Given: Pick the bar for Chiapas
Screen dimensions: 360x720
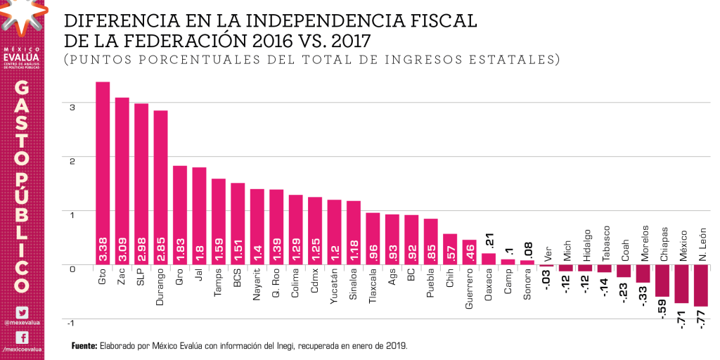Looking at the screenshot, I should pyautogui.click(x=662, y=281).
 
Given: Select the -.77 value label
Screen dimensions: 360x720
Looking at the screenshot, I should pyautogui.click(x=701, y=321).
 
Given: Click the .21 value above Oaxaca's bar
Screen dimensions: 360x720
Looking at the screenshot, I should pyautogui.click(x=489, y=241).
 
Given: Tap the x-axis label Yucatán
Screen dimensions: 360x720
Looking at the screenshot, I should pyautogui.click(x=334, y=287).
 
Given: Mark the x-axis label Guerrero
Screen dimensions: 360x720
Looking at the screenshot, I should pyautogui.click(x=469, y=289).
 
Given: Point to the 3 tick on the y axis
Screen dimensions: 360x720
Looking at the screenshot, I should pyautogui.click(x=72, y=106).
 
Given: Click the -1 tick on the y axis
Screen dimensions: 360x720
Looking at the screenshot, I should pyautogui.click(x=70, y=322).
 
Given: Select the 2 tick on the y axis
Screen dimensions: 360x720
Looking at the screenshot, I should pyautogui.click(x=72, y=160).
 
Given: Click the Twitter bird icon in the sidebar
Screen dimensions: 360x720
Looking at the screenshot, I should pyautogui.click(x=22, y=312).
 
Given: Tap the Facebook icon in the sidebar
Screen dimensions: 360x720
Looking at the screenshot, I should pyautogui.click(x=22, y=337).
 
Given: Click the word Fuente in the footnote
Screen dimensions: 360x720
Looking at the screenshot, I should pyautogui.click(x=84, y=346).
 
